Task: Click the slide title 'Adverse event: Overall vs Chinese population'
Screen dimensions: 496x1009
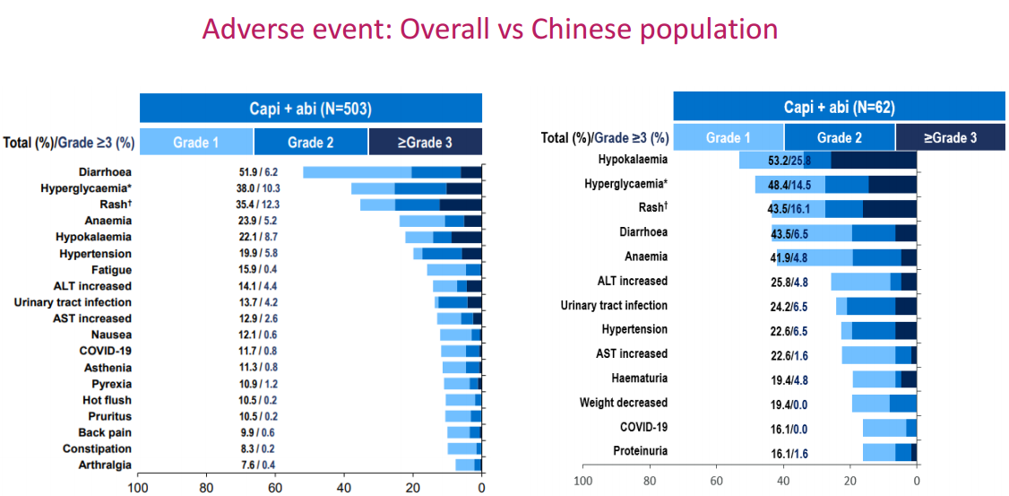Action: point(489,29)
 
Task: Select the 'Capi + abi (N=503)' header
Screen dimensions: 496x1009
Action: point(310,109)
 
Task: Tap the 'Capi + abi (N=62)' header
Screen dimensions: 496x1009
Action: point(839,107)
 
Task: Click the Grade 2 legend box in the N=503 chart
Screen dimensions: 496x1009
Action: point(310,142)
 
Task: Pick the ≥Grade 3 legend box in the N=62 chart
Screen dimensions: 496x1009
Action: point(951,138)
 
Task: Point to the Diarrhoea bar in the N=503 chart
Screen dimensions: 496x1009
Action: point(392,172)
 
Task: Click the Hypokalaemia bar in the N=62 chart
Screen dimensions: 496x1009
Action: point(828,161)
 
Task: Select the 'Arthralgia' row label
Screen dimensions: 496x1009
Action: point(106,465)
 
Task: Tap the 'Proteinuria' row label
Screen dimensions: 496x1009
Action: point(640,451)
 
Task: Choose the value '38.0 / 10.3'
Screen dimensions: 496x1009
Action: point(258,188)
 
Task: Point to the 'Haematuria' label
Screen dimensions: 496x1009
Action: point(639,379)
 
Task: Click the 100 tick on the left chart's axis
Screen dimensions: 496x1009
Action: point(138,488)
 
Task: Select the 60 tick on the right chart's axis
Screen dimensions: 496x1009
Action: point(716,481)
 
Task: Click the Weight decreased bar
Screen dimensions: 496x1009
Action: point(884,403)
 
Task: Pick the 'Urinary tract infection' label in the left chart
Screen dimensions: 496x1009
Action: point(73,302)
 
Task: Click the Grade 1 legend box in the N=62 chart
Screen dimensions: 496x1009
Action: point(728,138)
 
